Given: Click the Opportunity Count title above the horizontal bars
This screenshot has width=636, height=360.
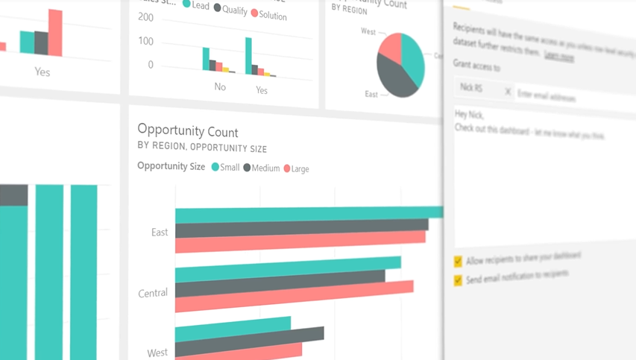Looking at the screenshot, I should (188, 132).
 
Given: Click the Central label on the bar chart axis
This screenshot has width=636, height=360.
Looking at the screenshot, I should (153, 293).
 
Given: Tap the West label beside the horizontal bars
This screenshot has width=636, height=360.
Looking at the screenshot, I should (157, 352).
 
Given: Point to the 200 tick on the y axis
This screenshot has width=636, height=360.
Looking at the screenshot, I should (146, 18).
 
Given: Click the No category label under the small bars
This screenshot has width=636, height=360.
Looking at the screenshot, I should (220, 87).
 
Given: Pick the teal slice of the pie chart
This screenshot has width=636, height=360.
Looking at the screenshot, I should (412, 56).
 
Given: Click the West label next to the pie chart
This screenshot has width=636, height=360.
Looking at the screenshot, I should (368, 32).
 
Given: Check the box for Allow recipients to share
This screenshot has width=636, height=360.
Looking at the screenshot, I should (458, 262).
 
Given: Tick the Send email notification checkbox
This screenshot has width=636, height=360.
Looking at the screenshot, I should (458, 280).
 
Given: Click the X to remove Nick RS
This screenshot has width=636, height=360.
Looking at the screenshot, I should (508, 92).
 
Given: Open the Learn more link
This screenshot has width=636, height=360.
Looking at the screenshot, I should (558, 56).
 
